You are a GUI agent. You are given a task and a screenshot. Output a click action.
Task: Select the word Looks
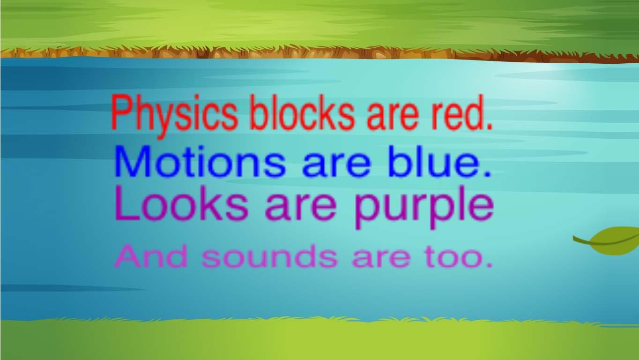point(182,203)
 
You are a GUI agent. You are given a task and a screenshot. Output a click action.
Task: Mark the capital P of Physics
point(120,112)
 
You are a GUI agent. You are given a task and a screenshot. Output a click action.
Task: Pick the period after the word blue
point(487,174)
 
